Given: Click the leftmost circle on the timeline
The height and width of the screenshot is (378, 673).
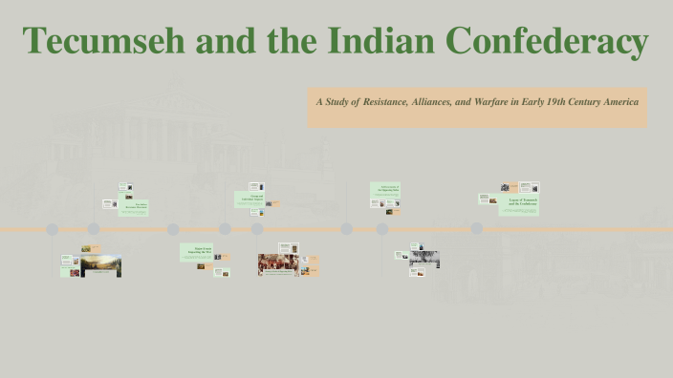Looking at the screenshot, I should (x=53, y=229).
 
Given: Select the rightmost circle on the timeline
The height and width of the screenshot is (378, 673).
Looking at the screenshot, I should (x=476, y=229).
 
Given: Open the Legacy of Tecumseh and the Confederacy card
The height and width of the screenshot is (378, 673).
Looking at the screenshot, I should (x=519, y=204).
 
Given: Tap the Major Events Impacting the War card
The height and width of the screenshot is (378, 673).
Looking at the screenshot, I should (x=196, y=253).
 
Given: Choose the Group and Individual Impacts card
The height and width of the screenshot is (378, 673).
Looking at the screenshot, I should (x=249, y=199).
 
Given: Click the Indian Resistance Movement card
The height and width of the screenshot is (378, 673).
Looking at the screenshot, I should (x=133, y=206).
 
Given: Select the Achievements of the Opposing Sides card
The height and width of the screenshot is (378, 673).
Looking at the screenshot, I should (x=385, y=189).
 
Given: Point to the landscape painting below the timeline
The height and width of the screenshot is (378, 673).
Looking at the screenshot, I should (x=100, y=264).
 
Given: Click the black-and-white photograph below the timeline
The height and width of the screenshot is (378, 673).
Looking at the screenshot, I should (x=424, y=258).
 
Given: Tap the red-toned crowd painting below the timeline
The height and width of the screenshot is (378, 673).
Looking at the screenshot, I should (x=278, y=263).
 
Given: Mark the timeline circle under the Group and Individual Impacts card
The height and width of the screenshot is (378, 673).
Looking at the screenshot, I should (x=257, y=229).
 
